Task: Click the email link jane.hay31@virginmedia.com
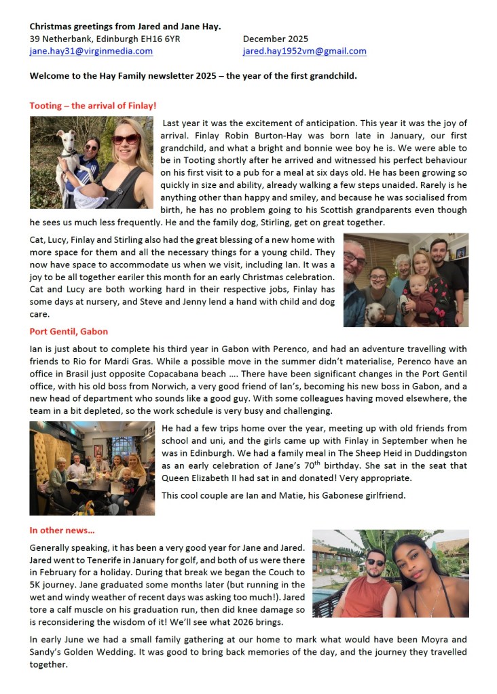[91, 51]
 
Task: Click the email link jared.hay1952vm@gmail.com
[304, 51]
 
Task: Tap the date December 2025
[275, 39]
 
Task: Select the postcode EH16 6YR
[161, 39]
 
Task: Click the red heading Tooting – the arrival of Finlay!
[93, 106]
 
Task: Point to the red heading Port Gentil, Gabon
[69, 332]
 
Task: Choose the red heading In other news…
[62, 530]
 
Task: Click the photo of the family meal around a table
[92, 468]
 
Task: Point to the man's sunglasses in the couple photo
[375, 562]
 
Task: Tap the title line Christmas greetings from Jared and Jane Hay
[125, 26]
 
